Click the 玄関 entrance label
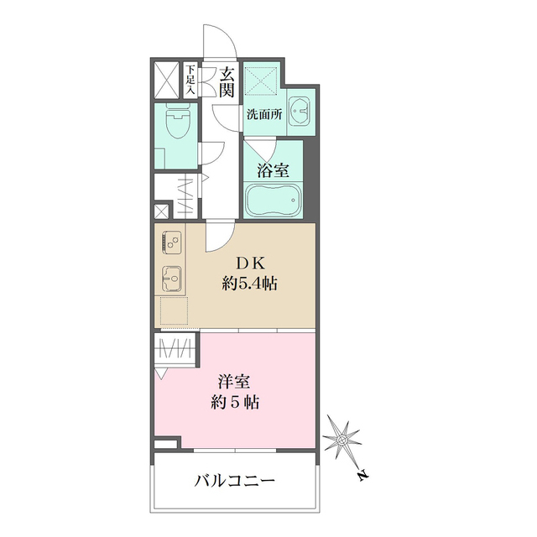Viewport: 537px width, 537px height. click(227, 81)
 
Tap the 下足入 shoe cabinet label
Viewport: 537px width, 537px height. click(191, 80)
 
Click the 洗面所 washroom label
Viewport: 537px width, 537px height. click(263, 116)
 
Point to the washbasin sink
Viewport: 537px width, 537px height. click(299, 110)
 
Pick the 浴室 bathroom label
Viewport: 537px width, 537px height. click(273, 170)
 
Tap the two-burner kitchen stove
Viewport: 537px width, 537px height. click(172, 243)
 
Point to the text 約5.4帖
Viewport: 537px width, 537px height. click(250, 284)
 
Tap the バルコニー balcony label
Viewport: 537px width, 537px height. click(236, 482)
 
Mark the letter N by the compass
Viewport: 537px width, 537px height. click(360, 476)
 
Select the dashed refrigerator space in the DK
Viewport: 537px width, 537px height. click(172, 311)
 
